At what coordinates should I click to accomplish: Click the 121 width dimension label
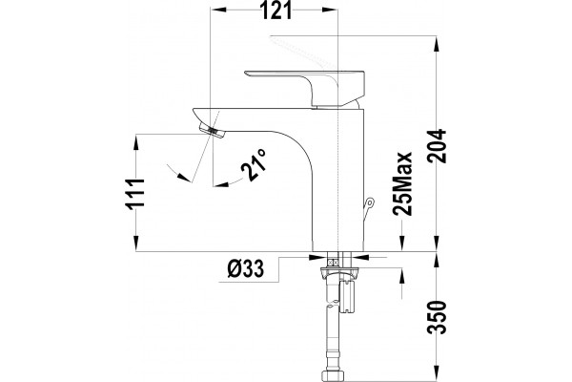(x=277, y=10)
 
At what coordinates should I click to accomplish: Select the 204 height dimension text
(x=437, y=146)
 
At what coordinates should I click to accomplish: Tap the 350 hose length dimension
(x=437, y=317)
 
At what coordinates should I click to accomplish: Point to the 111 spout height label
(x=135, y=194)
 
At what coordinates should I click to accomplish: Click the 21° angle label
(x=254, y=165)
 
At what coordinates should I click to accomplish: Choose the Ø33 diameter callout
(x=246, y=269)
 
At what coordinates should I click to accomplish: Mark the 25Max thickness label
(x=402, y=183)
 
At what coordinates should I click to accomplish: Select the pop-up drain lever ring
(x=370, y=202)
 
